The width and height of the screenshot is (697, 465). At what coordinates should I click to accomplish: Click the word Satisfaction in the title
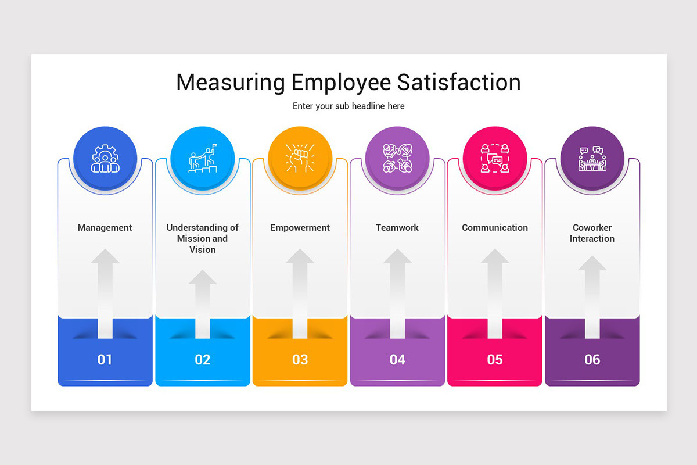[459, 82]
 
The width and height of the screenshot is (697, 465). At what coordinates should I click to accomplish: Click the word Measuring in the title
[230, 82]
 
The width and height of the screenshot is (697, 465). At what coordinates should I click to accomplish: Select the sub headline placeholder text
[348, 106]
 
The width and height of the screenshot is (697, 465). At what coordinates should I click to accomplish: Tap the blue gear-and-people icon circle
[105, 159]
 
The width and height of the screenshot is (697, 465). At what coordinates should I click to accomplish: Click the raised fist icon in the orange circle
[300, 159]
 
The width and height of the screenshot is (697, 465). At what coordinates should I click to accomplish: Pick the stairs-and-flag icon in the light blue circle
[203, 159]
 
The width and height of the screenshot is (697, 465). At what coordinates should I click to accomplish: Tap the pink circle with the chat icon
[495, 159]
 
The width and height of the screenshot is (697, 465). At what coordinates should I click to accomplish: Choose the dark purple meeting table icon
[592, 159]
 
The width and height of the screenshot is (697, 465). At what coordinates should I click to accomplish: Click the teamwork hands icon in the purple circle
[397, 159]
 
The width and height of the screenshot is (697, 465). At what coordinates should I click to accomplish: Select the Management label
[105, 228]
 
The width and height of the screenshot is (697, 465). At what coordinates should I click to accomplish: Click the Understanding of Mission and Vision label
[203, 238]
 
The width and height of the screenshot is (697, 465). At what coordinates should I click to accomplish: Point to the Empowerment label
[300, 228]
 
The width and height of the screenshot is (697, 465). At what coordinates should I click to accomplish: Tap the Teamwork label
[397, 228]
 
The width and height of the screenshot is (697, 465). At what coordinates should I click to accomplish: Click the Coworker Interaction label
[592, 233]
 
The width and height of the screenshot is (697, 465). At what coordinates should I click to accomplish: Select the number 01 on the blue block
[105, 360]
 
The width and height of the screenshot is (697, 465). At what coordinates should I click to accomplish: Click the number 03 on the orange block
[300, 360]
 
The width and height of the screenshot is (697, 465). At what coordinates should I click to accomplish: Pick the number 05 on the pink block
[495, 360]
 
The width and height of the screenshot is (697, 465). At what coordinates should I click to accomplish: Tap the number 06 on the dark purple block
[592, 360]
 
